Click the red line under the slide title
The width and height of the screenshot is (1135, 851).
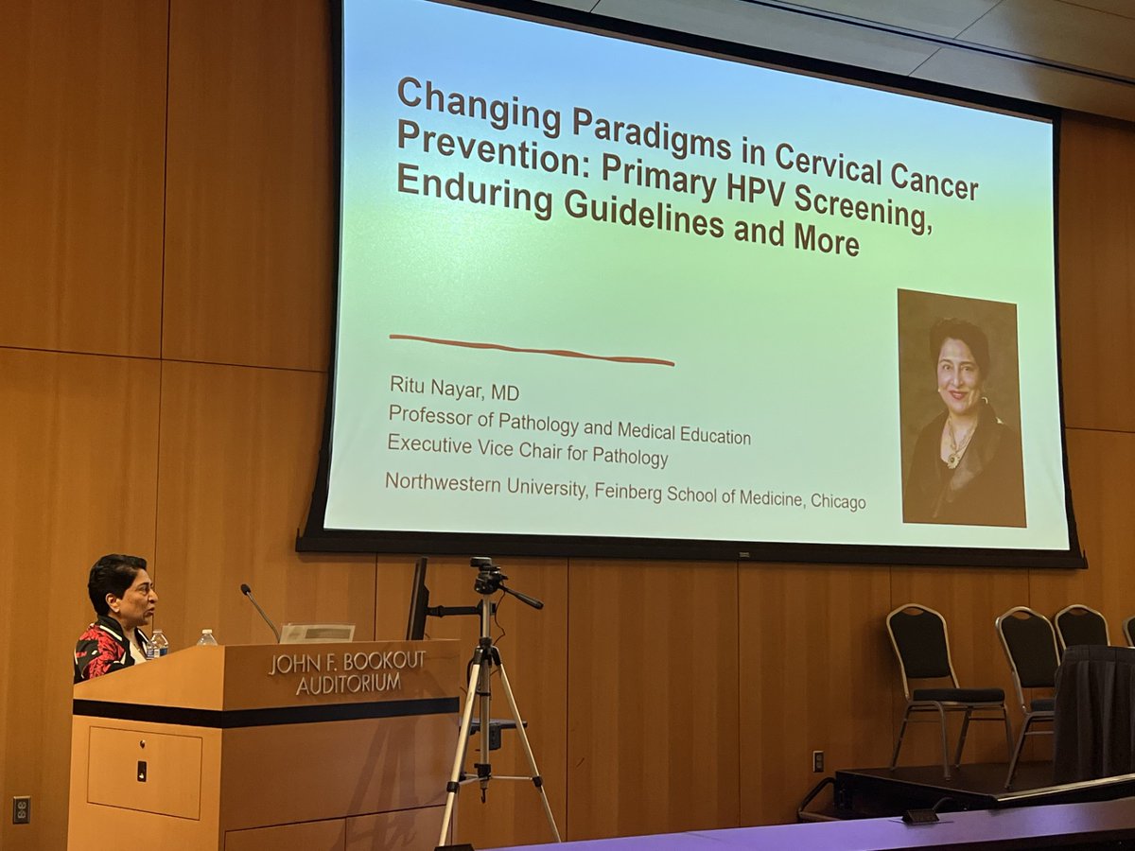[531, 349]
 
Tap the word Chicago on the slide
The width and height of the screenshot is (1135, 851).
[837, 502]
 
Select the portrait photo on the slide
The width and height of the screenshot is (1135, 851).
[960, 408]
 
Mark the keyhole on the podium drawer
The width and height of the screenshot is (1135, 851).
[141, 770]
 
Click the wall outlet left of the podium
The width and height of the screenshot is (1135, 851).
[21, 808]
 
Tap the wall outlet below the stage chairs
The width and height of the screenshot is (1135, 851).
[817, 761]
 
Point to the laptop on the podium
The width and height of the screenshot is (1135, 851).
[317, 633]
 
